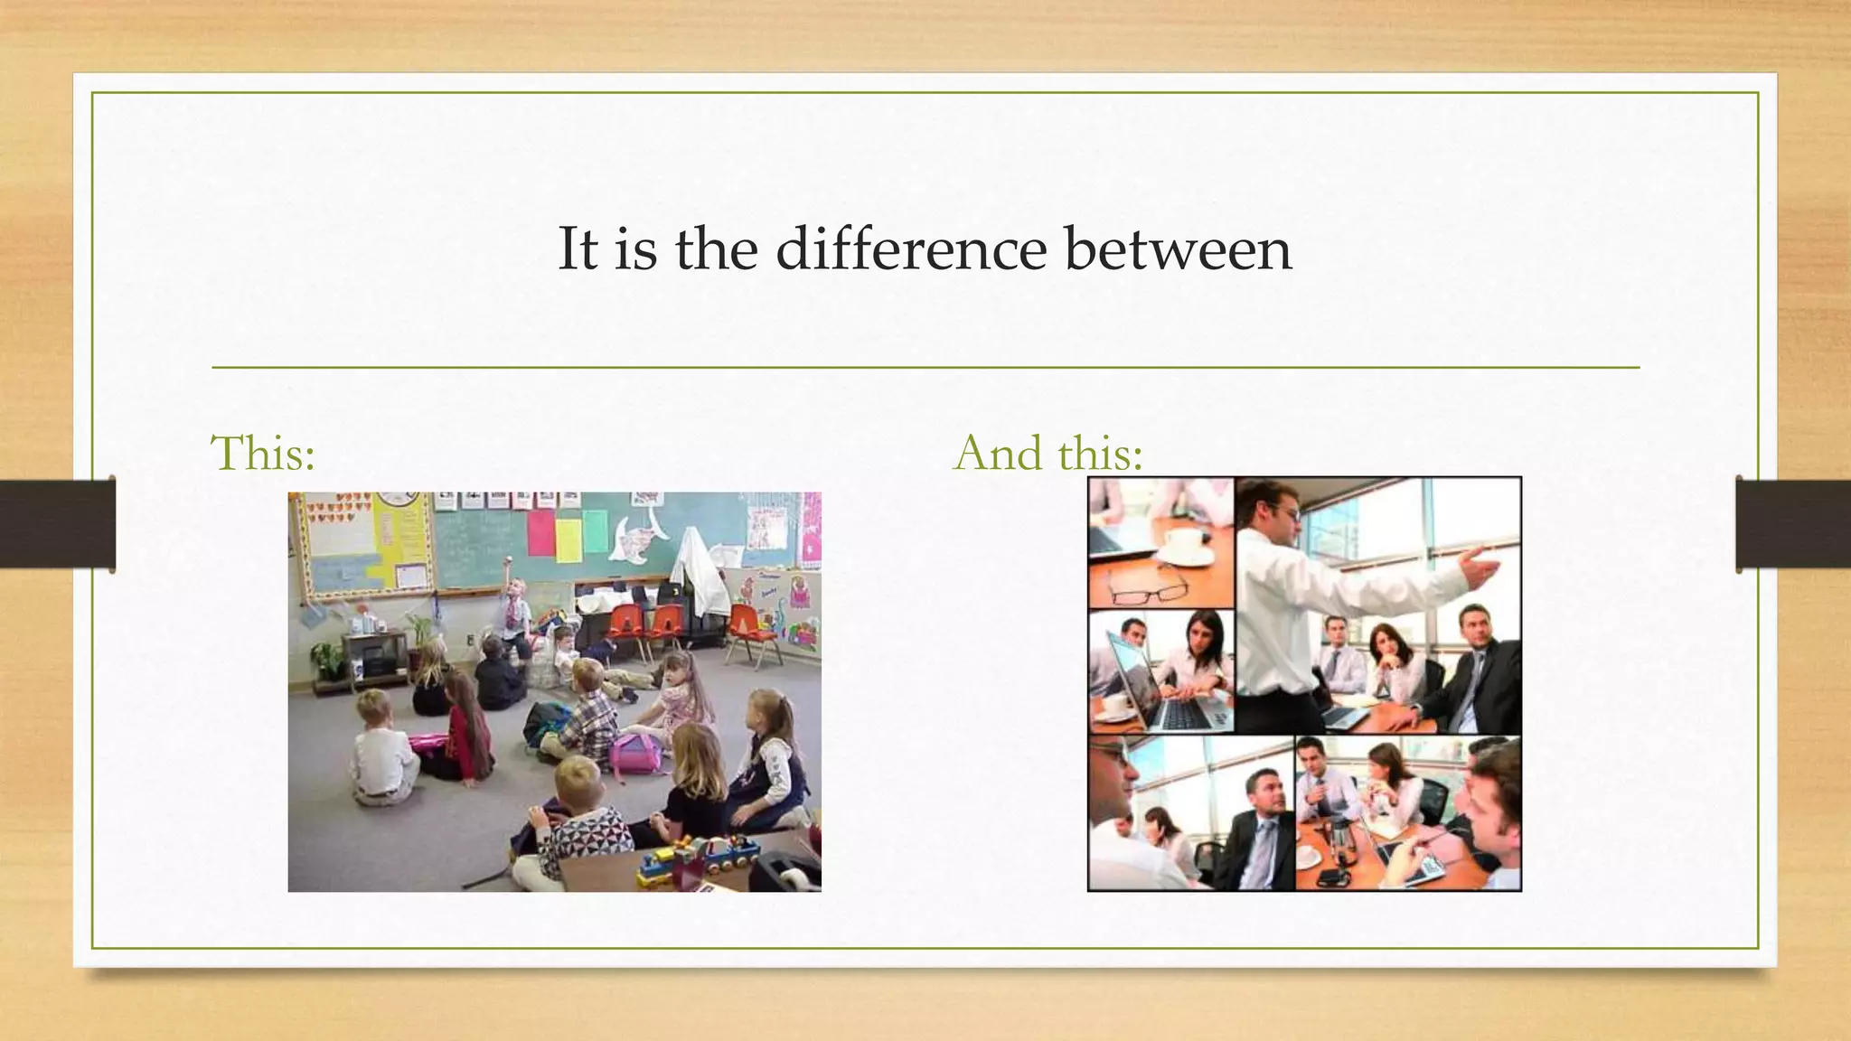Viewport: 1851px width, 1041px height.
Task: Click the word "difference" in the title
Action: [910, 249]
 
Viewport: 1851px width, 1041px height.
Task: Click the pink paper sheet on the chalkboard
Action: [540, 532]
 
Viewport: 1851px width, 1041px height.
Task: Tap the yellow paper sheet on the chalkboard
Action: [568, 539]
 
